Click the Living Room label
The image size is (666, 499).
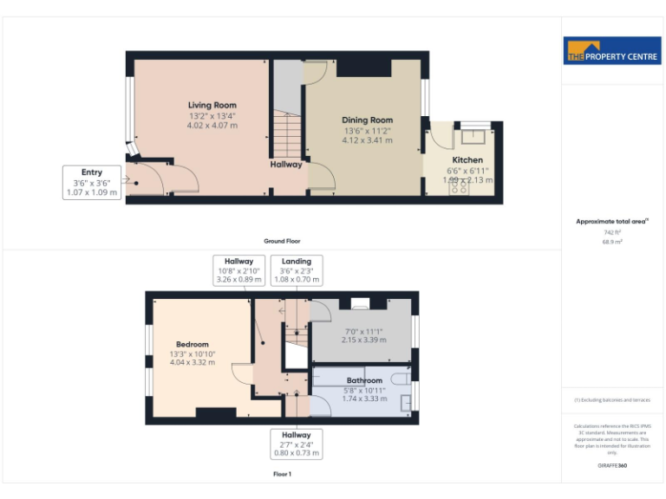click(212, 106)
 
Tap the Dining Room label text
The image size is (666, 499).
click(367, 120)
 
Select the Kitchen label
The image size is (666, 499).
click(467, 160)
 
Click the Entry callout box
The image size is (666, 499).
click(92, 183)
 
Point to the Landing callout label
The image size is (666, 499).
click(296, 271)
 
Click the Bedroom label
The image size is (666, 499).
click(192, 345)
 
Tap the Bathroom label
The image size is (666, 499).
click(364, 380)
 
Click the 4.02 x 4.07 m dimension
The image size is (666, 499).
click(212, 126)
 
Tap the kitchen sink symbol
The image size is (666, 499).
click(473, 135)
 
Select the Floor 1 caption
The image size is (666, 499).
click(282, 475)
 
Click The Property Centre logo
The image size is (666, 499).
click(612, 51)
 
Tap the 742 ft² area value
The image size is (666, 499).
click(612, 232)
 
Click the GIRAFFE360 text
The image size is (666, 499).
click(612, 466)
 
